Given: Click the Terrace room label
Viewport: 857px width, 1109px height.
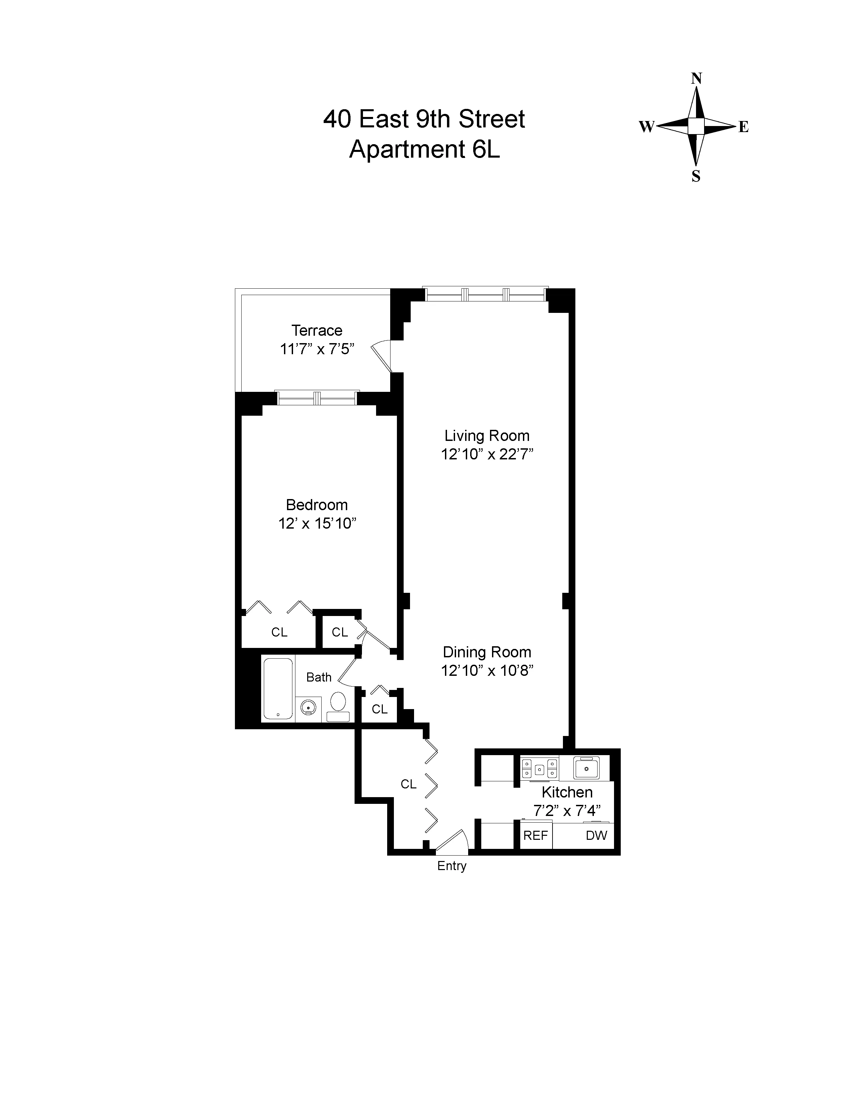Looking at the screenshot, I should click(317, 331).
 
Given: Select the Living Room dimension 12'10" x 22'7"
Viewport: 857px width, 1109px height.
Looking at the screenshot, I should click(487, 454).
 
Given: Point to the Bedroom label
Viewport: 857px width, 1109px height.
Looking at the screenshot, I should click(317, 505).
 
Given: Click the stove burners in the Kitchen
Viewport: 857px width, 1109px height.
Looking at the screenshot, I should click(539, 768).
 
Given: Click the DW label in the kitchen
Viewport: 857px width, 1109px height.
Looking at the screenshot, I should click(596, 835).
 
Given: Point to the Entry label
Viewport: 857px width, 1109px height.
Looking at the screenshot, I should click(452, 866).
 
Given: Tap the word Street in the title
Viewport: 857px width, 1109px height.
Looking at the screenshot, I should click(491, 119).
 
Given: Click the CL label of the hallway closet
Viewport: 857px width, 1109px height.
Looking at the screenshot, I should click(408, 784).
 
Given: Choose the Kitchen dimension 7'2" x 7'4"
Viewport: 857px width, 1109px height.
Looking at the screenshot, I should click(567, 811).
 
